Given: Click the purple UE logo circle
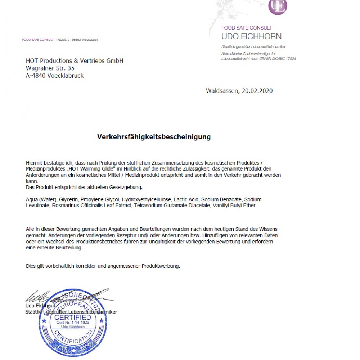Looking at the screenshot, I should [x=278, y=6].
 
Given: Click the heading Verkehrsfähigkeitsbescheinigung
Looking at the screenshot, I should [x=154, y=137].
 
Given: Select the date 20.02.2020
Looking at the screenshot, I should [x=257, y=91].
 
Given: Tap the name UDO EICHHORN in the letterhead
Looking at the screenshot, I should [x=251, y=36].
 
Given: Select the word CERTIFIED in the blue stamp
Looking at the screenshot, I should [x=73, y=318].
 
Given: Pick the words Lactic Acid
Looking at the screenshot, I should [x=186, y=199].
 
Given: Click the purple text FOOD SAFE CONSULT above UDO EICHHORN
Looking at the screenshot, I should [x=247, y=28].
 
